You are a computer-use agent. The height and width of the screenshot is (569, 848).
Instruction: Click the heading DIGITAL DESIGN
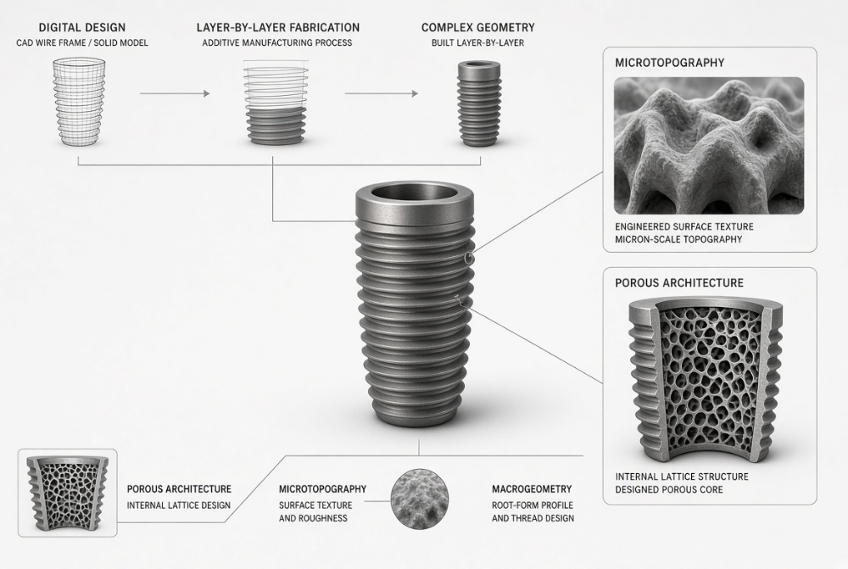click(x=82, y=28)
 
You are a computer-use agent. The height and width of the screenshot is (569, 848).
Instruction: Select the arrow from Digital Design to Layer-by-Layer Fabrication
click(x=174, y=93)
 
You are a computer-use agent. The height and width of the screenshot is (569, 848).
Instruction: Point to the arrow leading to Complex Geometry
click(x=382, y=93)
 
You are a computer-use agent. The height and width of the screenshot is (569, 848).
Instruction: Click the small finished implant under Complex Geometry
click(x=479, y=103)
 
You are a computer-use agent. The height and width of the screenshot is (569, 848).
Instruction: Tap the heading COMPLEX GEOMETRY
click(x=478, y=28)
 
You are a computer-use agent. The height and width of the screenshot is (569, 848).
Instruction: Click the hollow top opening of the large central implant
click(x=415, y=193)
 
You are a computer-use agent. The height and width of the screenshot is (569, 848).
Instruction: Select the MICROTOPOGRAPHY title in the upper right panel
click(x=670, y=63)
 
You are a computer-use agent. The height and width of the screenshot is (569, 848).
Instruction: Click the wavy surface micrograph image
click(x=708, y=146)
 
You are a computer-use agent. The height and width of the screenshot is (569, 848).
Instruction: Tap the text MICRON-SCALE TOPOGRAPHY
click(x=678, y=240)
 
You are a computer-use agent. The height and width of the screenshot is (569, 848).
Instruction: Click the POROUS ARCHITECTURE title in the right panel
click(x=679, y=283)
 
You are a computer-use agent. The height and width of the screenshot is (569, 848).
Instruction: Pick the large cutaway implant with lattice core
click(x=706, y=378)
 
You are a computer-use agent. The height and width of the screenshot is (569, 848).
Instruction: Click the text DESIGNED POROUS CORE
click(x=669, y=489)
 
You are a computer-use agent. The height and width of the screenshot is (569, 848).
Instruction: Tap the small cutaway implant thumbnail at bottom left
click(x=68, y=492)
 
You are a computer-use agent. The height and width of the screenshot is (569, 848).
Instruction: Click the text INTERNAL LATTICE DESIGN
click(x=178, y=505)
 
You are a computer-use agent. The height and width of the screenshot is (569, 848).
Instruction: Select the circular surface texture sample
click(x=420, y=498)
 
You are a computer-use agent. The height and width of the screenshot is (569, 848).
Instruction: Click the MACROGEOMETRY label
click(x=532, y=489)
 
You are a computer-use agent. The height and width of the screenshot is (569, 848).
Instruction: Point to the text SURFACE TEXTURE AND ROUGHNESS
click(x=315, y=511)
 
